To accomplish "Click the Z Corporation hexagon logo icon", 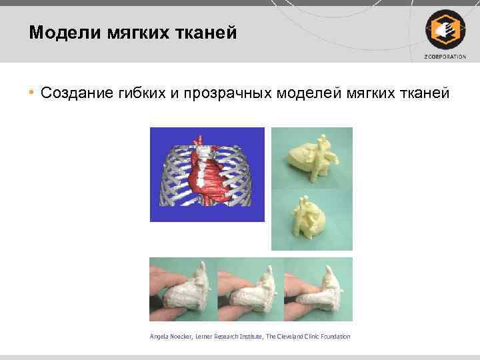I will [x=444, y=29].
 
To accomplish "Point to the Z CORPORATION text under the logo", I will [x=445, y=57].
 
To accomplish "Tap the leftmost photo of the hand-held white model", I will [x=182, y=289].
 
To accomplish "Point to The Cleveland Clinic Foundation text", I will [x=308, y=337].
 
